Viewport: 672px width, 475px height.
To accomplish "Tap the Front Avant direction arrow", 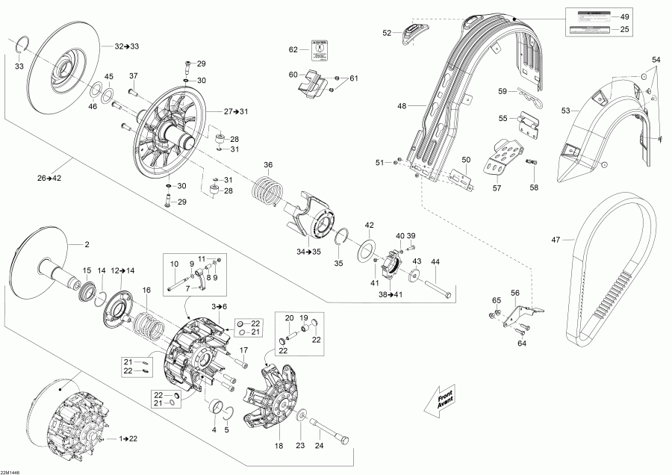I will [441, 399].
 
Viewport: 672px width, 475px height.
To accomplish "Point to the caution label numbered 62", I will [320, 52].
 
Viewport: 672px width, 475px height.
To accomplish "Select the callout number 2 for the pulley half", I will [87, 244].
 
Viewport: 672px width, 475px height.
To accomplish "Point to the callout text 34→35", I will [308, 252].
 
